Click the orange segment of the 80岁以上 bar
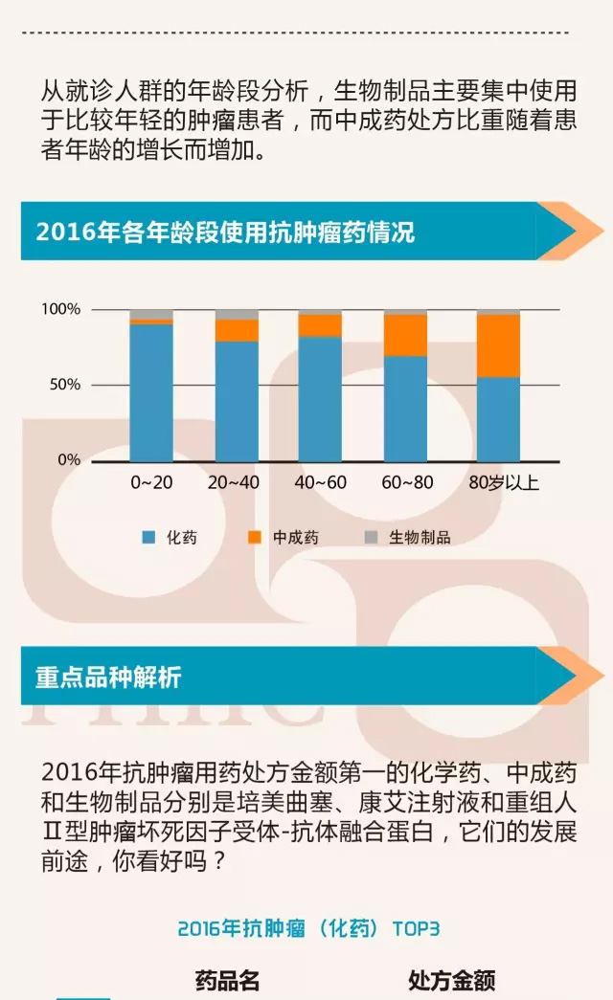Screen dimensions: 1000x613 (x=498, y=345)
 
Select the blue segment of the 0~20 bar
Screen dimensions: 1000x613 (x=151, y=393)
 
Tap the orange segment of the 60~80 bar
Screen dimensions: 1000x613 (x=405, y=335)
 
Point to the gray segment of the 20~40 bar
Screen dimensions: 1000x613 (x=237, y=314)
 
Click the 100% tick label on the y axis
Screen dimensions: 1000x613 (x=60, y=309)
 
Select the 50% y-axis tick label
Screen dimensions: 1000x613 (x=64, y=385)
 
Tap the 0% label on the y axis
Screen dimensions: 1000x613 (x=69, y=460)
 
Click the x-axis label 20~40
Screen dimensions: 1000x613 (x=234, y=483)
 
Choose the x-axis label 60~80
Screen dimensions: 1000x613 (x=407, y=483)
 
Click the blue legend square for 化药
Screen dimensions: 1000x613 (x=148, y=538)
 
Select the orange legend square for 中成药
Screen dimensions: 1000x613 (x=255, y=538)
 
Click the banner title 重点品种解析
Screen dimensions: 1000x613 (x=108, y=678)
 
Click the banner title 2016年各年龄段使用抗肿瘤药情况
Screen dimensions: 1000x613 (x=225, y=233)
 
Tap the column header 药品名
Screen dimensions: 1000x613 (x=228, y=980)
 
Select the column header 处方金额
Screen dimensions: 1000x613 (x=452, y=980)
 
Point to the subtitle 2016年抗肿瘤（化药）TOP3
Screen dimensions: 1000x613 (x=308, y=928)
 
